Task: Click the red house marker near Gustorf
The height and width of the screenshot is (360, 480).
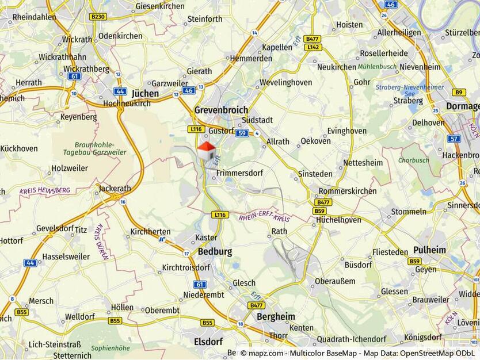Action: (x=207, y=151)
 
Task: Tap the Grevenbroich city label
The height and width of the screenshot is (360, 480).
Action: (x=221, y=110)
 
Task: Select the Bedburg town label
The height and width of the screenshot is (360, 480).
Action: (x=215, y=251)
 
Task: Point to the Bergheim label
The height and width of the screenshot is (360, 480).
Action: (x=276, y=316)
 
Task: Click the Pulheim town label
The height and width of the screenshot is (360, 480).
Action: (x=429, y=250)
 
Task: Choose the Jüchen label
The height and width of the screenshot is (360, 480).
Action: (x=145, y=93)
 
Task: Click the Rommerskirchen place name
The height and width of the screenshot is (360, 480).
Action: (x=347, y=191)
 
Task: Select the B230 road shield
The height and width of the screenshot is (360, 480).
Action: (x=98, y=17)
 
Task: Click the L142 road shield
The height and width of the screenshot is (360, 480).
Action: (x=313, y=47)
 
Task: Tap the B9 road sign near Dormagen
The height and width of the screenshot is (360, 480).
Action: (x=458, y=92)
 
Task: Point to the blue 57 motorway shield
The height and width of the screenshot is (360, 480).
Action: (x=454, y=139)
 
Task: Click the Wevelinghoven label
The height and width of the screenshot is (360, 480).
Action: (x=285, y=82)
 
